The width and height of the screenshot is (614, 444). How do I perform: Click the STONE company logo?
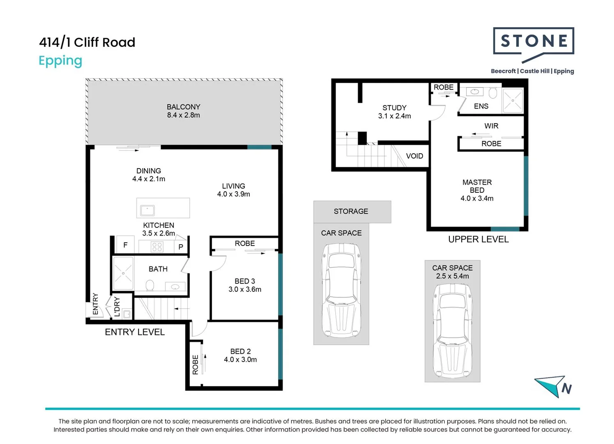pyautogui.click(x=533, y=41)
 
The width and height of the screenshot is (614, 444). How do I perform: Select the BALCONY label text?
pyautogui.click(x=183, y=107)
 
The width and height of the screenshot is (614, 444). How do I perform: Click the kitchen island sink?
pyautogui.click(x=147, y=210)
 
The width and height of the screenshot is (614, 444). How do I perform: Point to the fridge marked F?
pyautogui.click(x=125, y=245)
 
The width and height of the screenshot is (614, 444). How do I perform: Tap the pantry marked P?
pyautogui.click(x=181, y=247)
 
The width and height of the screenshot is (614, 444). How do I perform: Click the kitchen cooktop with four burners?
pyautogui.click(x=157, y=247)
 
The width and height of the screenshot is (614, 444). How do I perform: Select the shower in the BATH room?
pyautogui.click(x=123, y=273)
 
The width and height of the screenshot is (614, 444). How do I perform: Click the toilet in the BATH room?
pyautogui.click(x=150, y=285)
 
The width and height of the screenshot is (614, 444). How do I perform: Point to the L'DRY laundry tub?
pyautogui.click(x=127, y=314)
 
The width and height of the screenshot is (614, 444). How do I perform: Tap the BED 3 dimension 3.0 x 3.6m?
pyautogui.click(x=245, y=289)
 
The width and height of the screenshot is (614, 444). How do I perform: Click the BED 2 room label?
pyautogui.click(x=240, y=351)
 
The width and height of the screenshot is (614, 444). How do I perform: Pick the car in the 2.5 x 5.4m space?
pyautogui.click(x=452, y=330)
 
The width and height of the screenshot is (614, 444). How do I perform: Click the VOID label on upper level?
pyautogui.click(x=414, y=156)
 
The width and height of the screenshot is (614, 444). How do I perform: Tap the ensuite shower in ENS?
pyautogui.click(x=513, y=101)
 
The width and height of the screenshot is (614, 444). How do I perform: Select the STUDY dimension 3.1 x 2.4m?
pyautogui.click(x=394, y=116)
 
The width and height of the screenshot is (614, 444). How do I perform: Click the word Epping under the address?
pyautogui.click(x=60, y=61)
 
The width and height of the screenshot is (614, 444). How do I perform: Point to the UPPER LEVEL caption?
pyautogui.click(x=478, y=240)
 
